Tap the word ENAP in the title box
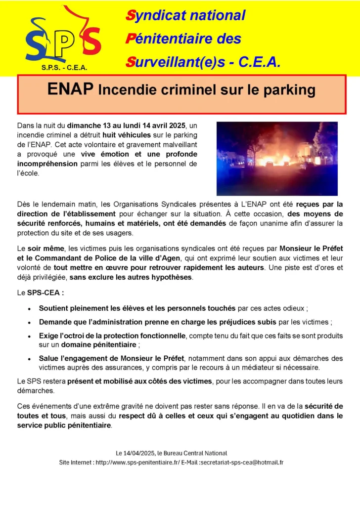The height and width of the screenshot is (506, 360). (70, 89)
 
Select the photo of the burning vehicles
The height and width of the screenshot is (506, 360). (277, 158)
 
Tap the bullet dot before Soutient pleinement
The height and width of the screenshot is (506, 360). (30, 309)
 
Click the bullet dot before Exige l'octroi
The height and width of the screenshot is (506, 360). (30, 337)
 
